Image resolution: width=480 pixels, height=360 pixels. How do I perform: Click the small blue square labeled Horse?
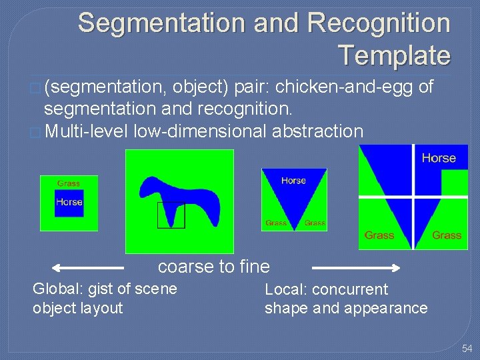[x=69, y=202]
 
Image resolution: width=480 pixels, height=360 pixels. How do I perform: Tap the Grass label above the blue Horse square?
[x=69, y=183]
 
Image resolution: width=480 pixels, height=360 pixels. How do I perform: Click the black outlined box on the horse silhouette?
[x=171, y=215]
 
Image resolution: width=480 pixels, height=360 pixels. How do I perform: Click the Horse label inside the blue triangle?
[x=293, y=181]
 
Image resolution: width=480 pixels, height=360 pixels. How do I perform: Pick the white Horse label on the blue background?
[x=439, y=158]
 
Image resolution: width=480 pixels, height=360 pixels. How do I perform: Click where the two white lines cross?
[x=413, y=197]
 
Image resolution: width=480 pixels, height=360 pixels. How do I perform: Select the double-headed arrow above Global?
[x=88, y=268]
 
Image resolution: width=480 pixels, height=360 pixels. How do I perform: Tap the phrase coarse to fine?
[x=214, y=267]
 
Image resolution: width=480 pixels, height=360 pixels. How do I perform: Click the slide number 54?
[x=467, y=349]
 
